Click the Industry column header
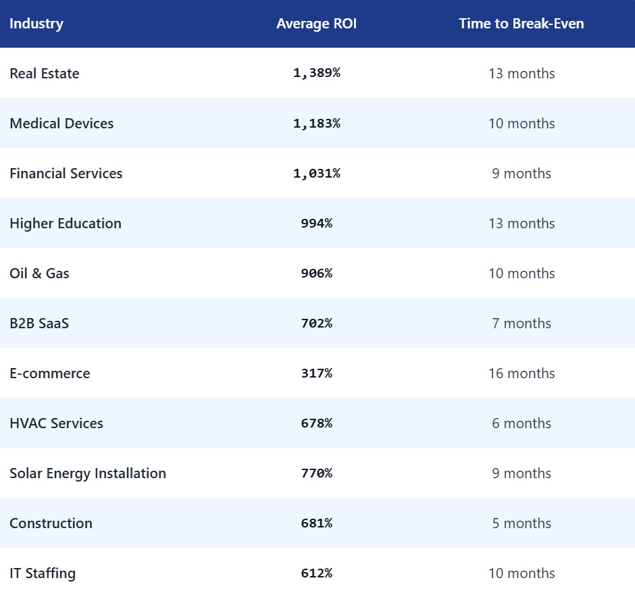click(36, 24)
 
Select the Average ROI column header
click(316, 24)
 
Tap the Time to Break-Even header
click(521, 24)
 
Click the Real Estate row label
click(45, 74)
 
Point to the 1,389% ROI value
click(316, 74)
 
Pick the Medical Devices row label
click(61, 124)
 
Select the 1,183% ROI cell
click(316, 124)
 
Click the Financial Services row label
click(66, 174)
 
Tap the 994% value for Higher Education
click(316, 224)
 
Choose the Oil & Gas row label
click(39, 274)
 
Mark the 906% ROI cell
click(316, 274)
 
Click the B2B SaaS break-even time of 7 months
click(521, 324)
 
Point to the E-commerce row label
click(50, 373)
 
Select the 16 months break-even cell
click(521, 373)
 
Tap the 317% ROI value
click(316, 373)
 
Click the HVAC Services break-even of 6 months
click(521, 423)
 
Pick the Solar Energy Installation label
click(88, 473)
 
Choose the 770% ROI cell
click(316, 473)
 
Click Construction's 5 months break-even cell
click(521, 523)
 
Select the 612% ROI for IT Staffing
click(316, 573)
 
